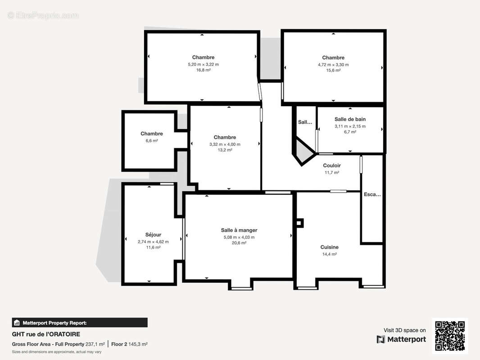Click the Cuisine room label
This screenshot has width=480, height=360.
(329, 247)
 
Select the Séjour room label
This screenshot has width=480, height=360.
(153, 235)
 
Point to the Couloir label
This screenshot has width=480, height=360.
(332, 166)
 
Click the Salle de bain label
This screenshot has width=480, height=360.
(350, 119)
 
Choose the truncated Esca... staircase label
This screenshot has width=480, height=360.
(372, 195)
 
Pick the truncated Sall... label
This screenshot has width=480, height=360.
(305, 122)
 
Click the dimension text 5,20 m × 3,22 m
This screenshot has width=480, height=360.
(203, 64)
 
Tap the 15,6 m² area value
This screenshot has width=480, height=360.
(333, 70)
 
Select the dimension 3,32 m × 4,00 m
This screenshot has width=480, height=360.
(225, 144)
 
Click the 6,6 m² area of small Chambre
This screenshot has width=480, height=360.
(152, 141)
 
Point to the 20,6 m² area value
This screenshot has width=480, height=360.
(239, 243)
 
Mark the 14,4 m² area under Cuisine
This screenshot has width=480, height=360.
(329, 254)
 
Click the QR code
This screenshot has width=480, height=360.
(450, 336)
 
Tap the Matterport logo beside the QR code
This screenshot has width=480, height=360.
(401, 339)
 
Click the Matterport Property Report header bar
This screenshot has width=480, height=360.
(80, 323)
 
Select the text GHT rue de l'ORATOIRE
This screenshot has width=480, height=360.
(46, 334)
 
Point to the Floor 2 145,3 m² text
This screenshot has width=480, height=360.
(129, 344)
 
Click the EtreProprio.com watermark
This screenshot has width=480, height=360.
(43, 16)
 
